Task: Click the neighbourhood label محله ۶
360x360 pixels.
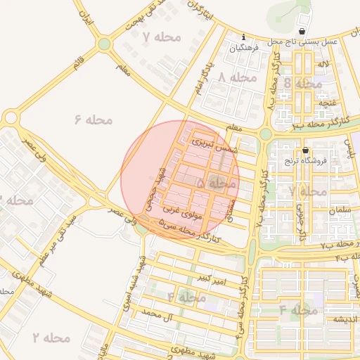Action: pos(93,120)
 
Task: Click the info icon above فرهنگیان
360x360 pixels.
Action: pos(243,37)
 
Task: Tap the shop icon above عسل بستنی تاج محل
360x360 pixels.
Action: pos(302,32)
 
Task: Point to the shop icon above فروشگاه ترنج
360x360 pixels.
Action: pos(306,150)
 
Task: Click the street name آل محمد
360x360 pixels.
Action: pos(157,311)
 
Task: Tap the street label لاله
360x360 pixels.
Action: pos(323,64)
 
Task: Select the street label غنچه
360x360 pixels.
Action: pos(328,103)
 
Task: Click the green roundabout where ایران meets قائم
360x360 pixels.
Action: pos(104,44)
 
